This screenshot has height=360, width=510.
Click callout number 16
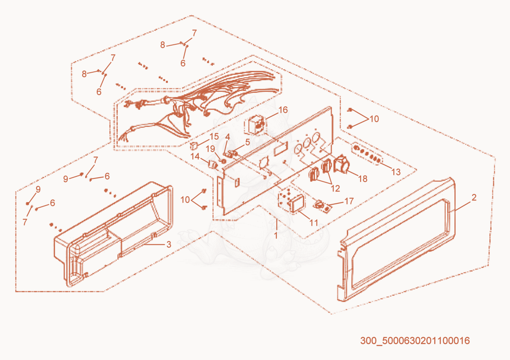(x=283, y=110)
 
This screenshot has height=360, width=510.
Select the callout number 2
(x=474, y=197)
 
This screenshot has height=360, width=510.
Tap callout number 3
(x=168, y=244)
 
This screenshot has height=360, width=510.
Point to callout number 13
(x=396, y=172)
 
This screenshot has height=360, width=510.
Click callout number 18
(x=363, y=178)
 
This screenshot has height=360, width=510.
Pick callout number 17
(x=349, y=201)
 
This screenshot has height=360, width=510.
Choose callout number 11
(x=314, y=222)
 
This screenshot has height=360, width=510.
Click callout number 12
(x=335, y=188)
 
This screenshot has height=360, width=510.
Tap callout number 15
(x=214, y=136)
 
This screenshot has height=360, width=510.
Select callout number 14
(x=195, y=157)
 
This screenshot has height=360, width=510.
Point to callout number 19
(x=210, y=149)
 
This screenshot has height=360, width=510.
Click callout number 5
(x=247, y=142)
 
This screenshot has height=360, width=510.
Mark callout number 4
(x=227, y=137)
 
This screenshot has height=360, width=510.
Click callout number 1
(x=276, y=235)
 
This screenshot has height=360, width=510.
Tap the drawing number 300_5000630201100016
(x=415, y=341)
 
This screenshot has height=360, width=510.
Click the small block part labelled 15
(x=194, y=146)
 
